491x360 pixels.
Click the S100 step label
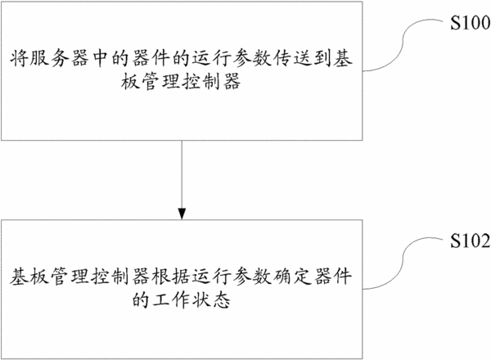[471, 23]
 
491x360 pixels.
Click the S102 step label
[471, 241]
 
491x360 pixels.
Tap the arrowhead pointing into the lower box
[182, 214]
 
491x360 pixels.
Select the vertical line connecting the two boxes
[182, 174]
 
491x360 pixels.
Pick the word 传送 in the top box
[292, 58]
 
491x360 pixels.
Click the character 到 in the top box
[322, 58]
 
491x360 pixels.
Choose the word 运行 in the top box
[211, 58]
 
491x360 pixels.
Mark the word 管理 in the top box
[161, 81]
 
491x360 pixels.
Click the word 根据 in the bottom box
[171, 277]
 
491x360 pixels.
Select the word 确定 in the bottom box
[292, 277]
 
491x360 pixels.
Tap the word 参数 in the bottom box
[252, 277]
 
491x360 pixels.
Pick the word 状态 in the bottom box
[211, 300]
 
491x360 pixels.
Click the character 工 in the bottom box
[161, 300]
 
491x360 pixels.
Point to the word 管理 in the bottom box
[70, 277]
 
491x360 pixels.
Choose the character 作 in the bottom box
[182, 300]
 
